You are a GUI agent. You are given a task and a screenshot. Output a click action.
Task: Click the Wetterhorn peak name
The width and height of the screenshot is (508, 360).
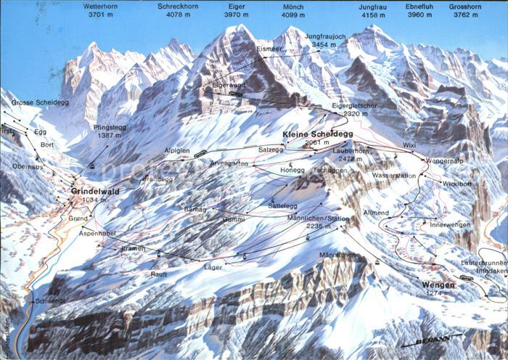pyautogui.click(x=102, y=6)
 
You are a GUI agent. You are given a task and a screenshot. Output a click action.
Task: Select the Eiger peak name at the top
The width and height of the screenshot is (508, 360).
pyautogui.click(x=238, y=6)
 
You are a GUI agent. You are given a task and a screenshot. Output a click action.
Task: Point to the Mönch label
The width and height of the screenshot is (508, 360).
pyautogui.click(x=293, y=6)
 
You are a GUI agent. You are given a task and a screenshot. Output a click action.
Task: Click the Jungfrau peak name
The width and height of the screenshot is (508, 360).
pyautogui.click(x=372, y=6)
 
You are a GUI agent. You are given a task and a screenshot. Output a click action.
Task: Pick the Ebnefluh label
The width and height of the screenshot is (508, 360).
pyautogui.click(x=419, y=6)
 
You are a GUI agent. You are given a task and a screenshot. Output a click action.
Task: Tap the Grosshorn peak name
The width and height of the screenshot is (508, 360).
pyautogui.click(x=464, y=6)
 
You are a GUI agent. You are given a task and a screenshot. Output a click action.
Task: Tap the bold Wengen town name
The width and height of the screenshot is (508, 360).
pyautogui.click(x=438, y=285)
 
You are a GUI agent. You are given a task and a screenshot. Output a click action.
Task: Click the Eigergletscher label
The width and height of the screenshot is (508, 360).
pyautogui.click(x=355, y=105)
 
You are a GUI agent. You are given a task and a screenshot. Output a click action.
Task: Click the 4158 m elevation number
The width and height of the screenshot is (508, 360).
pyautogui.click(x=372, y=15)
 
